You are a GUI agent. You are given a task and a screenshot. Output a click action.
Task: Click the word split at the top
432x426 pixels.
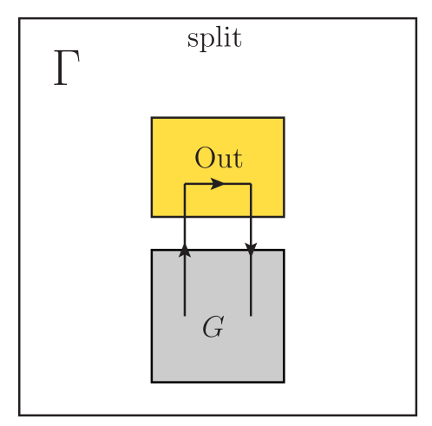[214, 39]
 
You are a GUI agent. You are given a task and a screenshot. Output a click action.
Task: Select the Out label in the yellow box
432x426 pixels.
[218, 158]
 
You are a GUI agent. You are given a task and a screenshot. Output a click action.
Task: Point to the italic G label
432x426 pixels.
[213, 328]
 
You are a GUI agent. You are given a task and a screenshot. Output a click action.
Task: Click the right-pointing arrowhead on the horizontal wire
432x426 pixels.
[219, 184]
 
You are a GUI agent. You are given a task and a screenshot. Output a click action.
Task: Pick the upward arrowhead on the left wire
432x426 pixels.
[185, 251]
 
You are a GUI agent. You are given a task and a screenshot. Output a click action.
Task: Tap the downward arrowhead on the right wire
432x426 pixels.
[251, 250]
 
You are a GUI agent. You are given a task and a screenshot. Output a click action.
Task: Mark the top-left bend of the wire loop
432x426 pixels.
[185, 184]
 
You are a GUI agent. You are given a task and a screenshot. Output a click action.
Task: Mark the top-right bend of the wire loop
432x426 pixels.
[251, 184]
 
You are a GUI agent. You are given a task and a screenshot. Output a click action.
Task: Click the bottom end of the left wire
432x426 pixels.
[185, 315]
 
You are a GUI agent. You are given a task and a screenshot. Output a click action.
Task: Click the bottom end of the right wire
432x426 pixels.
[251, 315]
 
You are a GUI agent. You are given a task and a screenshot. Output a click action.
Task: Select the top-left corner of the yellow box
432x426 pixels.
[152, 117]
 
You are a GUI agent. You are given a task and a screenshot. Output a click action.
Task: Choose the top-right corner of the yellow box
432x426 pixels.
[284, 117]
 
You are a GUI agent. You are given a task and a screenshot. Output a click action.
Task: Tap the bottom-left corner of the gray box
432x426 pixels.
[152, 381]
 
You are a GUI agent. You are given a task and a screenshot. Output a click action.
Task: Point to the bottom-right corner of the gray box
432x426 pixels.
[284, 381]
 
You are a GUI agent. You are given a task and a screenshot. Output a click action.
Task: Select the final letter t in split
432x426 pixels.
[237, 39]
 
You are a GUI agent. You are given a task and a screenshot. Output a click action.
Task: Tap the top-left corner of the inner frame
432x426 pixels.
[20, 17]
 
